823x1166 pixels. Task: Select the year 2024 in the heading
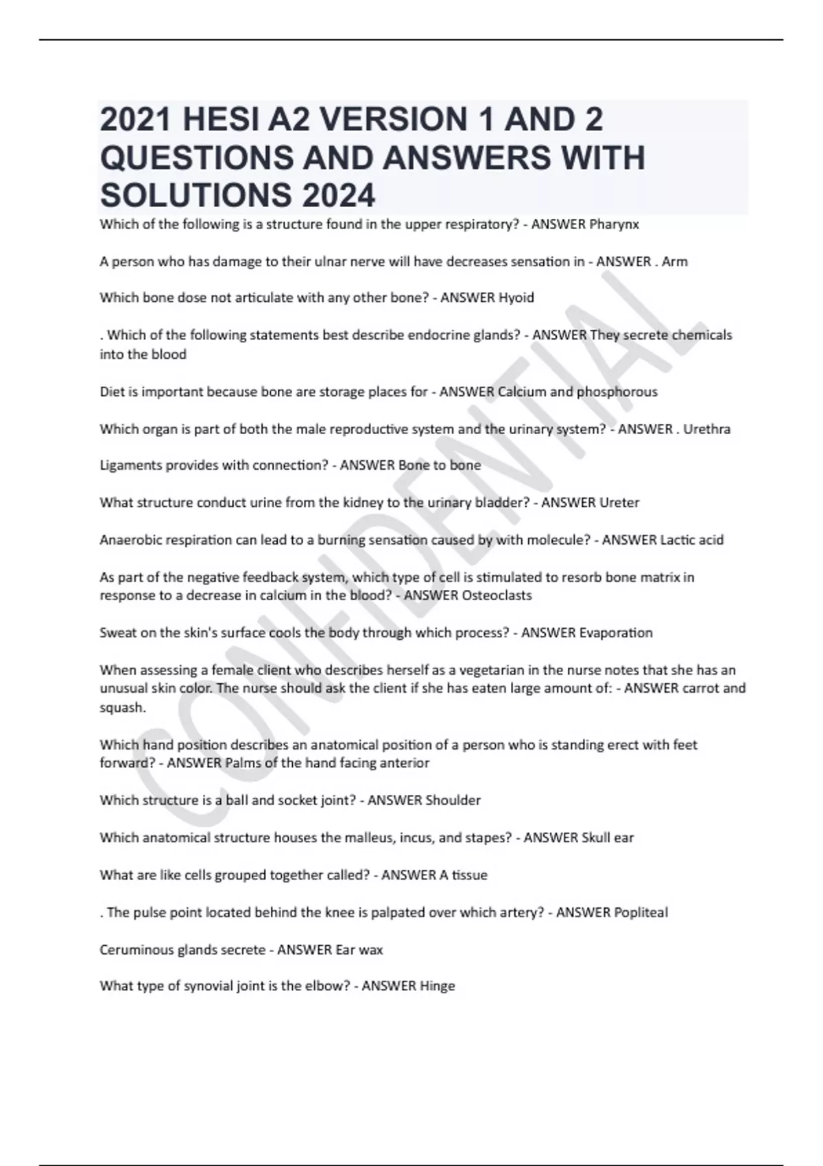(337, 195)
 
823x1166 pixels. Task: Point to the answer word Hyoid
(516, 298)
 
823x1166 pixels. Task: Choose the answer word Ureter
(619, 503)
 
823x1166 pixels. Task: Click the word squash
(122, 707)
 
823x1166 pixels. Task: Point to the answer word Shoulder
(453, 800)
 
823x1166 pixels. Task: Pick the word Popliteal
(641, 912)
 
